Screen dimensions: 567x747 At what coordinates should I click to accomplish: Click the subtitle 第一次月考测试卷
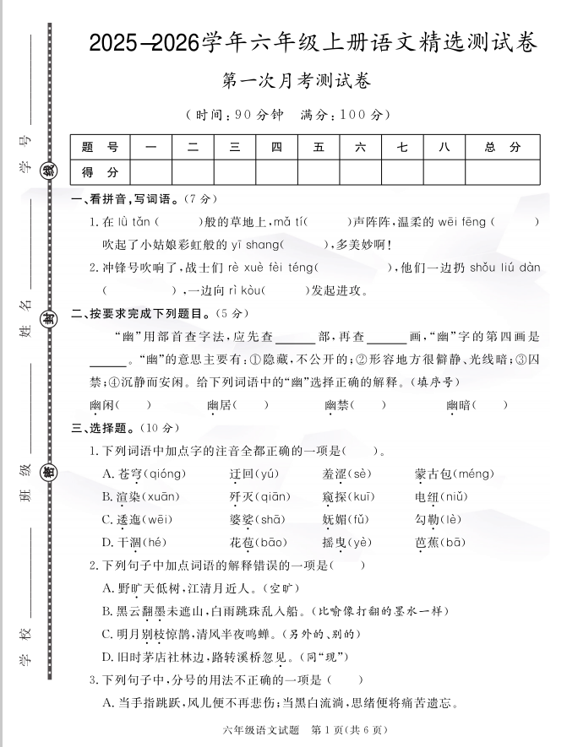pos(296,82)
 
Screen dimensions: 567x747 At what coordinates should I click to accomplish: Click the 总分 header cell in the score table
pos(503,147)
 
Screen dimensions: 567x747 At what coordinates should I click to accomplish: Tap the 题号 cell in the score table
pos(100,147)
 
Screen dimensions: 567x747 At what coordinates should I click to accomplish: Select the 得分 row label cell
pos(100,171)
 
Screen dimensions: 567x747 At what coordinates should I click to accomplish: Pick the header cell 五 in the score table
pos(319,147)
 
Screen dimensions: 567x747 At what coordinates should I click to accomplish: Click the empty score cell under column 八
pos(444,171)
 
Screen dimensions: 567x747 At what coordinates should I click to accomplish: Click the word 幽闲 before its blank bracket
pos(101,405)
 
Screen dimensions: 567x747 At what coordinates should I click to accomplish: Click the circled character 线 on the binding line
pos(51,170)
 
